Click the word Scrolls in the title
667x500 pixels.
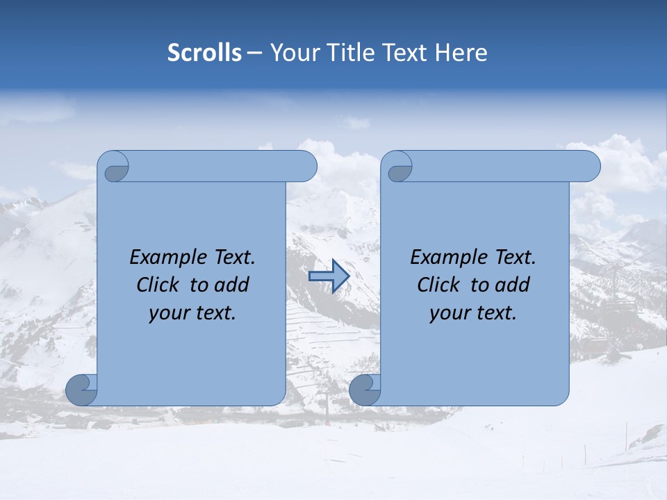[x=205, y=53]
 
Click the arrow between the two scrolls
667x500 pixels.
[x=328, y=276]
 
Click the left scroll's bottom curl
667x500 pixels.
[x=82, y=390]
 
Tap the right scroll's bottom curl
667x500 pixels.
[x=365, y=390]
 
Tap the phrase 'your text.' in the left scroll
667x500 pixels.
[x=192, y=313]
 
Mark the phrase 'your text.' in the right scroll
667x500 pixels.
[x=473, y=313]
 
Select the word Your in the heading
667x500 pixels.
[x=293, y=53]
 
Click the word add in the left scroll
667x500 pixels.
[x=231, y=285]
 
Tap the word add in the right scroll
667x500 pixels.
[x=512, y=285]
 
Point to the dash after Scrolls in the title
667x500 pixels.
[x=254, y=53]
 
